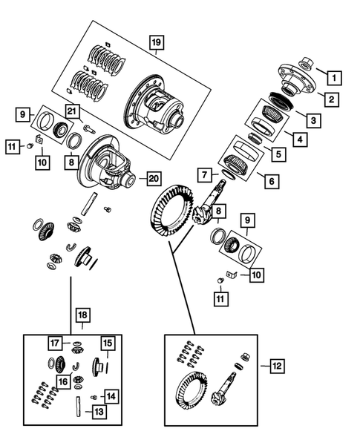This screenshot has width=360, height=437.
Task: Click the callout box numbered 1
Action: pos(335,76)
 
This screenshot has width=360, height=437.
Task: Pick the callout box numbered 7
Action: pos(205,175)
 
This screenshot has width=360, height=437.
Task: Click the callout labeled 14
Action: pos(111,395)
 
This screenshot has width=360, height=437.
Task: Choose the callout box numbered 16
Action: pos(65,381)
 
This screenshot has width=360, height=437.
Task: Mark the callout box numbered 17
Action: pos(55,343)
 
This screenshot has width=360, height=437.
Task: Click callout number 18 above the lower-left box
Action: pos(81,316)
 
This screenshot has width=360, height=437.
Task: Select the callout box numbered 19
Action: pos(154,42)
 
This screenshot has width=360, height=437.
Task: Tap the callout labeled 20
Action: pos(154,178)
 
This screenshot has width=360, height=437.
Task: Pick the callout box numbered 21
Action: pos(72,111)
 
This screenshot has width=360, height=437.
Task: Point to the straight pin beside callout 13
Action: pos(78,407)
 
